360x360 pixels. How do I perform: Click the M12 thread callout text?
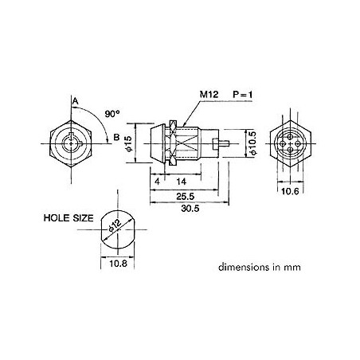(x=209, y=94)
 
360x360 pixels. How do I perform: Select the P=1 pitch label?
(x=243, y=94)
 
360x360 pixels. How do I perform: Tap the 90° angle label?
(x=112, y=114)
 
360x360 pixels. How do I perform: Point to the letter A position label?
(x=76, y=101)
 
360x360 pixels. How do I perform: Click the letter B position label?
(x=116, y=137)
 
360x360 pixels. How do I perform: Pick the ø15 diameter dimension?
(x=128, y=143)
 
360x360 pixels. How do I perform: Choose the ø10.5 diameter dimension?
(x=252, y=143)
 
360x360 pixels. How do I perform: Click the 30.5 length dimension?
(x=190, y=209)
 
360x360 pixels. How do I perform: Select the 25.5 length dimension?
(x=186, y=197)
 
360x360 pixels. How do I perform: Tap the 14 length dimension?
(x=182, y=182)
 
